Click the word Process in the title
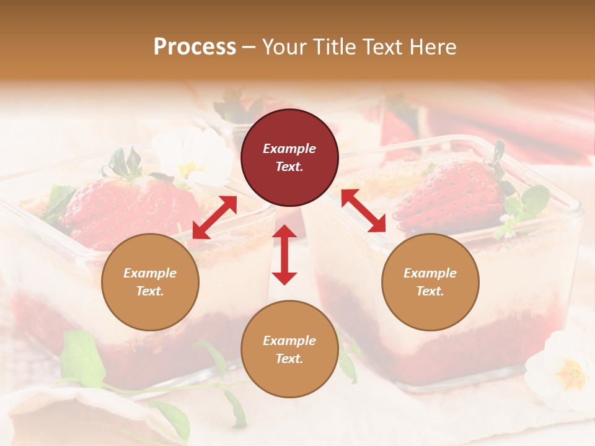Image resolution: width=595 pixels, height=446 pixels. [x=195, y=47]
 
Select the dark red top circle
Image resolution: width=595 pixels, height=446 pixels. [x=289, y=158]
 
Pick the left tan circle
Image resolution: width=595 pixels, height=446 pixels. [x=150, y=282]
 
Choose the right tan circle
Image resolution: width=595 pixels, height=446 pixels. [x=430, y=282]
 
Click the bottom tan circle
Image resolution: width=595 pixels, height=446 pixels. [x=289, y=349]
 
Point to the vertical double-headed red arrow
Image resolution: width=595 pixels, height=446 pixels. [x=284, y=255]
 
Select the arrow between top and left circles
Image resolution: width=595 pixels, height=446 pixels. [x=214, y=217]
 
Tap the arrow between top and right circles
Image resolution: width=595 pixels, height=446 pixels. [x=363, y=211]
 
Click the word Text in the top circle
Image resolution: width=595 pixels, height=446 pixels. [x=289, y=167]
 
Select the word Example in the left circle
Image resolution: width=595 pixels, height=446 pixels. [x=150, y=273]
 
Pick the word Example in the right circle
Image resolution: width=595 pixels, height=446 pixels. [x=430, y=273]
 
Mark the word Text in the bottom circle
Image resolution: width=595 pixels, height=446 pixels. [x=289, y=359]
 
